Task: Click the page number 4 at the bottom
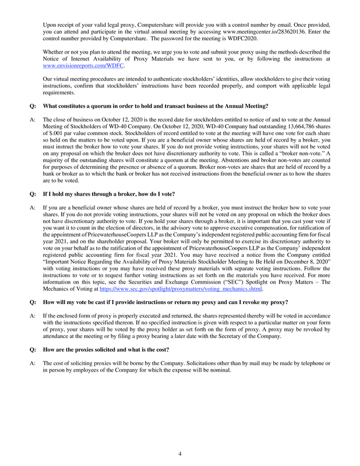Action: [180, 454]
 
